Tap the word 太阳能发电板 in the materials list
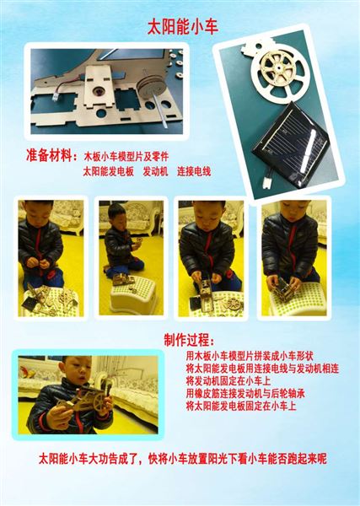click(109, 172)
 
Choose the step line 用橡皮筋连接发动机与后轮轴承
click(240, 393)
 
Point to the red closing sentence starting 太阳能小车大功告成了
click(182, 459)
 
